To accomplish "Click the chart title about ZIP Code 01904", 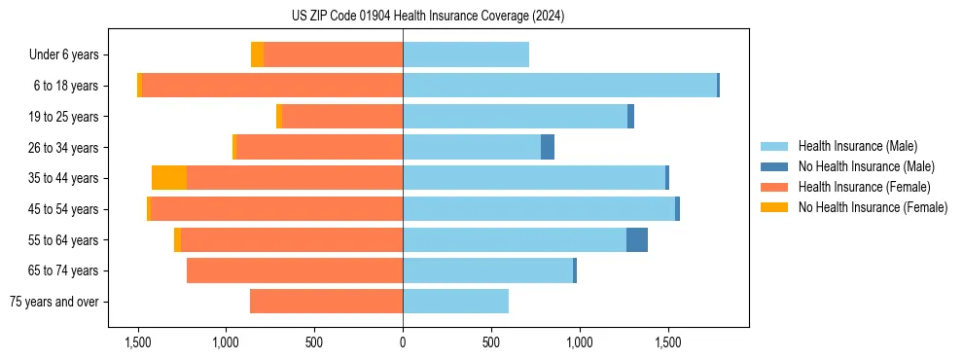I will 428,16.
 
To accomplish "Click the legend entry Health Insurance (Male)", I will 857,147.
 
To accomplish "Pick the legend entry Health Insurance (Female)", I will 864,187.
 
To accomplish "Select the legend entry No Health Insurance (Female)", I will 873,207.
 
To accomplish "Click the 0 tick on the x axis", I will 403,342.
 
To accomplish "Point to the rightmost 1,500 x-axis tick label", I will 668,342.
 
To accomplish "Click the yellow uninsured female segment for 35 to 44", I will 169,178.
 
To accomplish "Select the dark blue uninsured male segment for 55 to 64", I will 637,239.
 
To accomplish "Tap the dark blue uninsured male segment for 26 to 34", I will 548,147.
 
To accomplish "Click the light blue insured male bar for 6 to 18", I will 559,86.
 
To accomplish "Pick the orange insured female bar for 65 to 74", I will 295,270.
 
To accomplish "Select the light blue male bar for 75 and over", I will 455,302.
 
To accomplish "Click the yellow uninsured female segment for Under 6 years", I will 257,54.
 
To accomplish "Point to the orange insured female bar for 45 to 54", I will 277,209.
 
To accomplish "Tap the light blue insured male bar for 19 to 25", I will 516,117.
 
